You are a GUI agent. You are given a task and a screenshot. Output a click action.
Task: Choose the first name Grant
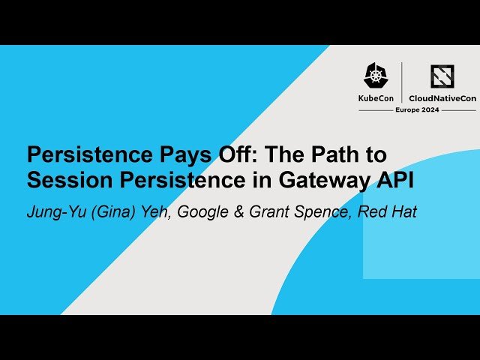pyautogui.click(x=273, y=211)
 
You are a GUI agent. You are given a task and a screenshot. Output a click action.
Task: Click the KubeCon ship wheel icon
pyautogui.click(x=376, y=76)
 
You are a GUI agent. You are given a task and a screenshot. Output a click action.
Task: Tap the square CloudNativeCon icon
pyautogui.click(x=442, y=76)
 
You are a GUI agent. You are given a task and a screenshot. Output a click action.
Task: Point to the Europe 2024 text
pyautogui.click(x=417, y=109)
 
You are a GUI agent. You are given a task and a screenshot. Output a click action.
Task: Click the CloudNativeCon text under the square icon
pyautogui.click(x=442, y=97)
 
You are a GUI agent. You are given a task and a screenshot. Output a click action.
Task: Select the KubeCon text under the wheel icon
pyautogui.click(x=377, y=97)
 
